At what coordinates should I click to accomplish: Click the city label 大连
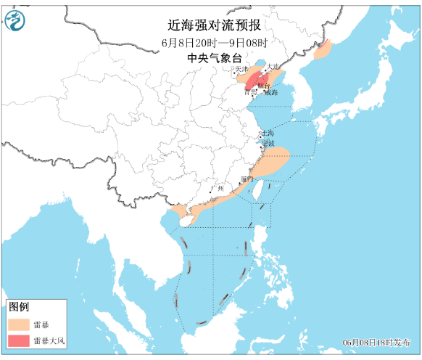pos(273,67)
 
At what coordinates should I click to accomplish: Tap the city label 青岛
pos(251,93)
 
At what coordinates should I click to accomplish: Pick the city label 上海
pos(268,134)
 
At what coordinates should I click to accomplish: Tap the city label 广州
pos(217,189)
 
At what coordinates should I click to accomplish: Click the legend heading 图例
pos(19,307)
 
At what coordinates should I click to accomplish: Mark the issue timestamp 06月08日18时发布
pos(377,342)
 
